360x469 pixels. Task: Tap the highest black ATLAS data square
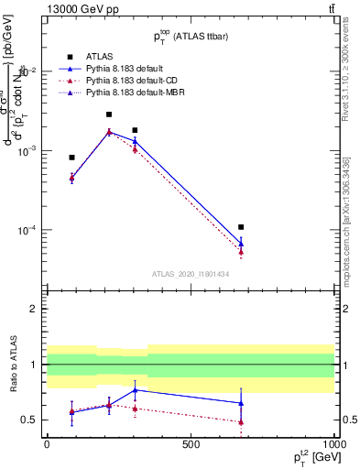click(109, 115)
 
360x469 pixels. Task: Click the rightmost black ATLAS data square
click(241, 226)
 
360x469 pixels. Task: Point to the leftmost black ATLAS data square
click(72, 158)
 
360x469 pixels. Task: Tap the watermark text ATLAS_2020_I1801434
click(190, 274)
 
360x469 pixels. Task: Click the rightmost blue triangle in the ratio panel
click(241, 403)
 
